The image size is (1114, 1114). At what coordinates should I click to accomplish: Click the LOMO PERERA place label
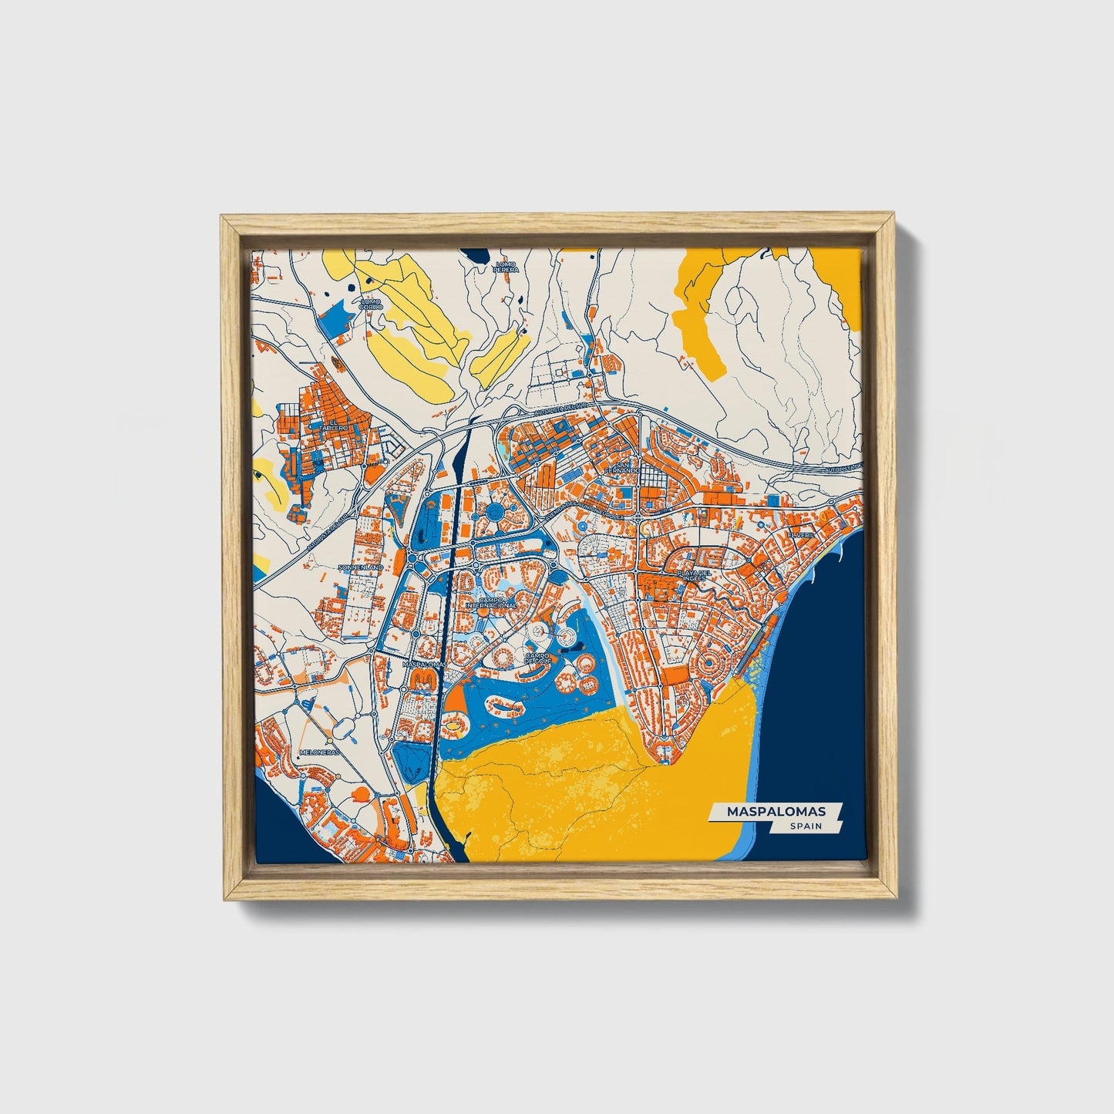coord(507,268)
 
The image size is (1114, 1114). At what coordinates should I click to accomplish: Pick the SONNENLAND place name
coord(360,567)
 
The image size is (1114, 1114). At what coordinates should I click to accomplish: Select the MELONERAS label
coord(318,752)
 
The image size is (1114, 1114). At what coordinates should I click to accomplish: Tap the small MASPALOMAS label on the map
coord(424,662)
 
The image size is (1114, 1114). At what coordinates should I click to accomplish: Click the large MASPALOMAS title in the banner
coord(773,811)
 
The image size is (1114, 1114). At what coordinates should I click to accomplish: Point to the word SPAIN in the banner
coord(804,826)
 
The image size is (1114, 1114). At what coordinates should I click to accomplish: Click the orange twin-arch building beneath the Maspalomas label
coord(422,678)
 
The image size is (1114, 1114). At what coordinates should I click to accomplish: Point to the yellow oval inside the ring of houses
coord(456,724)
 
